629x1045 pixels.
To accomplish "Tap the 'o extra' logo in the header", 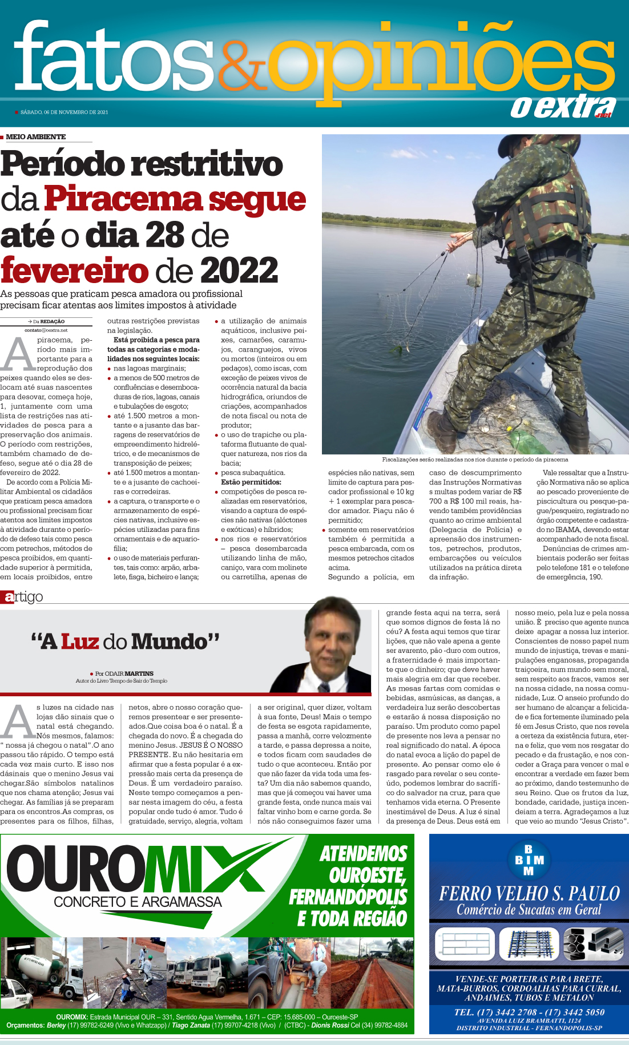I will click(562, 107).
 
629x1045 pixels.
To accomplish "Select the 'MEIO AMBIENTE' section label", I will click(35, 137).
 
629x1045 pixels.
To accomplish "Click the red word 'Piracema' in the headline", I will click(123, 199).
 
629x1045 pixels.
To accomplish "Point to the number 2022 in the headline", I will click(239, 270).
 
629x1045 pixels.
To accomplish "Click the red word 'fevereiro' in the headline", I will click(75, 270).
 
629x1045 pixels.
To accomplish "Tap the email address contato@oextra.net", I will click(46, 330).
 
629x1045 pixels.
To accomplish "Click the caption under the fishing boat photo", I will click(475, 459).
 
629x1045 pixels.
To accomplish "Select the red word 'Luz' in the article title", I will click(79, 641).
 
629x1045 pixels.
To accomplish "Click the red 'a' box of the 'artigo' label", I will click(8, 598).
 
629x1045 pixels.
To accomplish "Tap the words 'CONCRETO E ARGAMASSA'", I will click(138, 902).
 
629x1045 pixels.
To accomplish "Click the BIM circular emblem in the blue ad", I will click(529, 859).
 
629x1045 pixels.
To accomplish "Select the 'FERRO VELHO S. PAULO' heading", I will click(529, 893).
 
